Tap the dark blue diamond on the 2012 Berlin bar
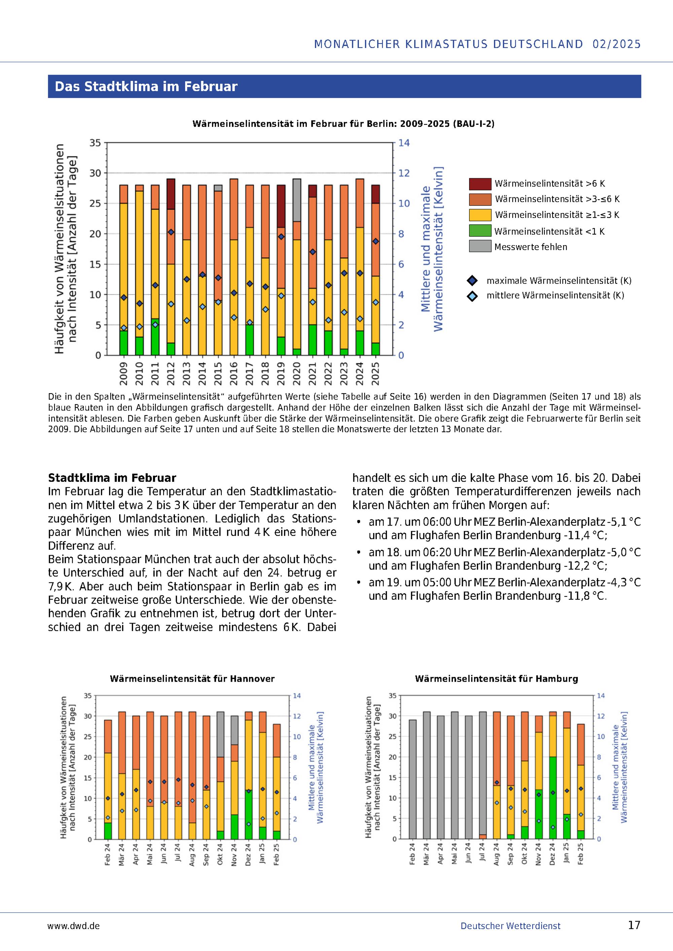(x=171, y=232)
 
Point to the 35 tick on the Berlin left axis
(x=95, y=143)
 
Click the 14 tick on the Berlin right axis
(x=404, y=143)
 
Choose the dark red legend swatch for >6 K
(x=480, y=184)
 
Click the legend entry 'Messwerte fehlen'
(x=530, y=247)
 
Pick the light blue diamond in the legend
(x=472, y=296)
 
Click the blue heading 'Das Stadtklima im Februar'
(x=146, y=86)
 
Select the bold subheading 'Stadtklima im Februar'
(x=112, y=478)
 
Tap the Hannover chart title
(x=192, y=679)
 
